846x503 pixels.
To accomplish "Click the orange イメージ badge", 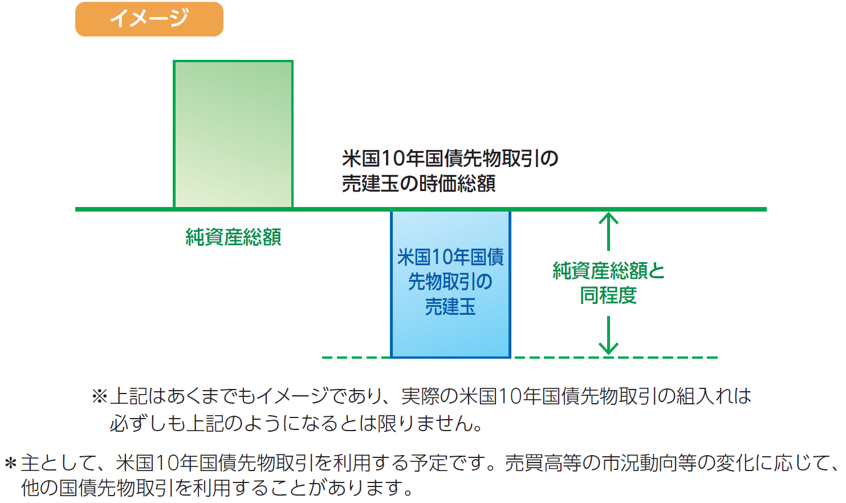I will [149, 19].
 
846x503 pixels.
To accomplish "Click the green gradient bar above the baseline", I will [233, 135].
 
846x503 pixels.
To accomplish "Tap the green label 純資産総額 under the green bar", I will [233, 237].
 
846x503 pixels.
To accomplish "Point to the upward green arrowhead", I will [609, 218].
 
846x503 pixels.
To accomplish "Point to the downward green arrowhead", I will [609, 347].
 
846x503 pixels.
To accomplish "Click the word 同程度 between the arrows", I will [608, 295].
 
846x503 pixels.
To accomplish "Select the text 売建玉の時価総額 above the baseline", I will [418, 184].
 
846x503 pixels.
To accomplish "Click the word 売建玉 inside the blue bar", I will [450, 307].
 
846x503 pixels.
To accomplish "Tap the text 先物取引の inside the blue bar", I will [450, 282].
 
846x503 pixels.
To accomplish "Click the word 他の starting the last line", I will [39, 488].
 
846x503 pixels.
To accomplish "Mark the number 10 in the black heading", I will [392, 158].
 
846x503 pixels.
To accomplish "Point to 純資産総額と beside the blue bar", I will [608, 270].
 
